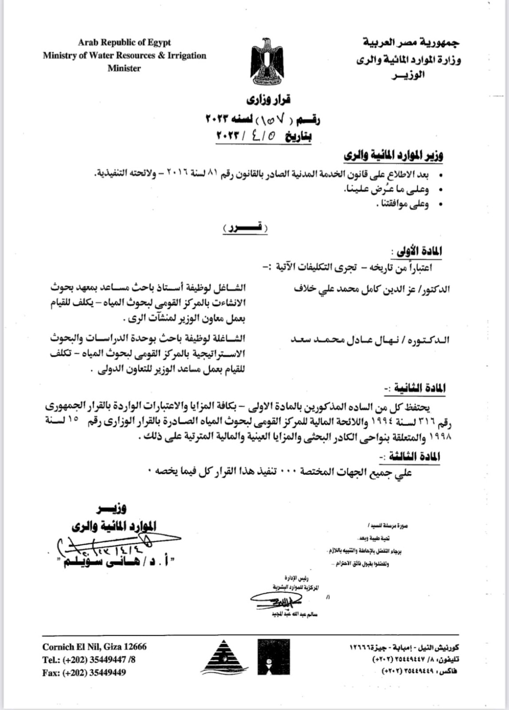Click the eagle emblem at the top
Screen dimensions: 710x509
point(267,61)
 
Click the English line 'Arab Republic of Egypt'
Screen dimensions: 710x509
point(124,43)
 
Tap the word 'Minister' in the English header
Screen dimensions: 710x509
point(124,68)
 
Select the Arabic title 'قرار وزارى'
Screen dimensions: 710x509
point(269,100)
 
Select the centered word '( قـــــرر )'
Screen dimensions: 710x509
point(245,228)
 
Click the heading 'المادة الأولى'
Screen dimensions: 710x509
point(417,251)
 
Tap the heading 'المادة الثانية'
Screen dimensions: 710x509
point(417,388)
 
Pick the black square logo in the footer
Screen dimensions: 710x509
point(274,657)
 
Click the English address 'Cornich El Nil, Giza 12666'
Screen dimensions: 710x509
point(94,647)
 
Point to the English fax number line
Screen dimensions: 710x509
point(84,673)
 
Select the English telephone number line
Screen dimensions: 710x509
point(89,660)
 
